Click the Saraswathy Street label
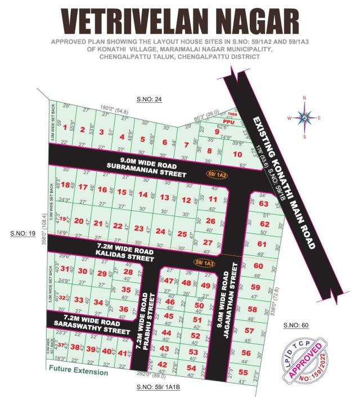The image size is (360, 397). tap(91, 327)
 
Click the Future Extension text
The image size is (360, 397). tap(78, 372)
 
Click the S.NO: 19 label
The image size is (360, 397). tap(21, 232)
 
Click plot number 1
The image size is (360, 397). tap(66, 127)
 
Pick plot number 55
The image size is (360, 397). tap(243, 372)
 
